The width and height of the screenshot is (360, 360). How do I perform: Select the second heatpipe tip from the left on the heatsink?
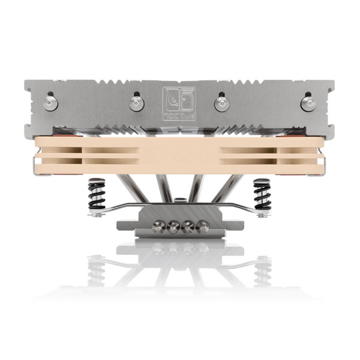click(x=136, y=103)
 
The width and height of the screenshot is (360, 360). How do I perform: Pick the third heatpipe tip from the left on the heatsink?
click(x=221, y=103)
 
